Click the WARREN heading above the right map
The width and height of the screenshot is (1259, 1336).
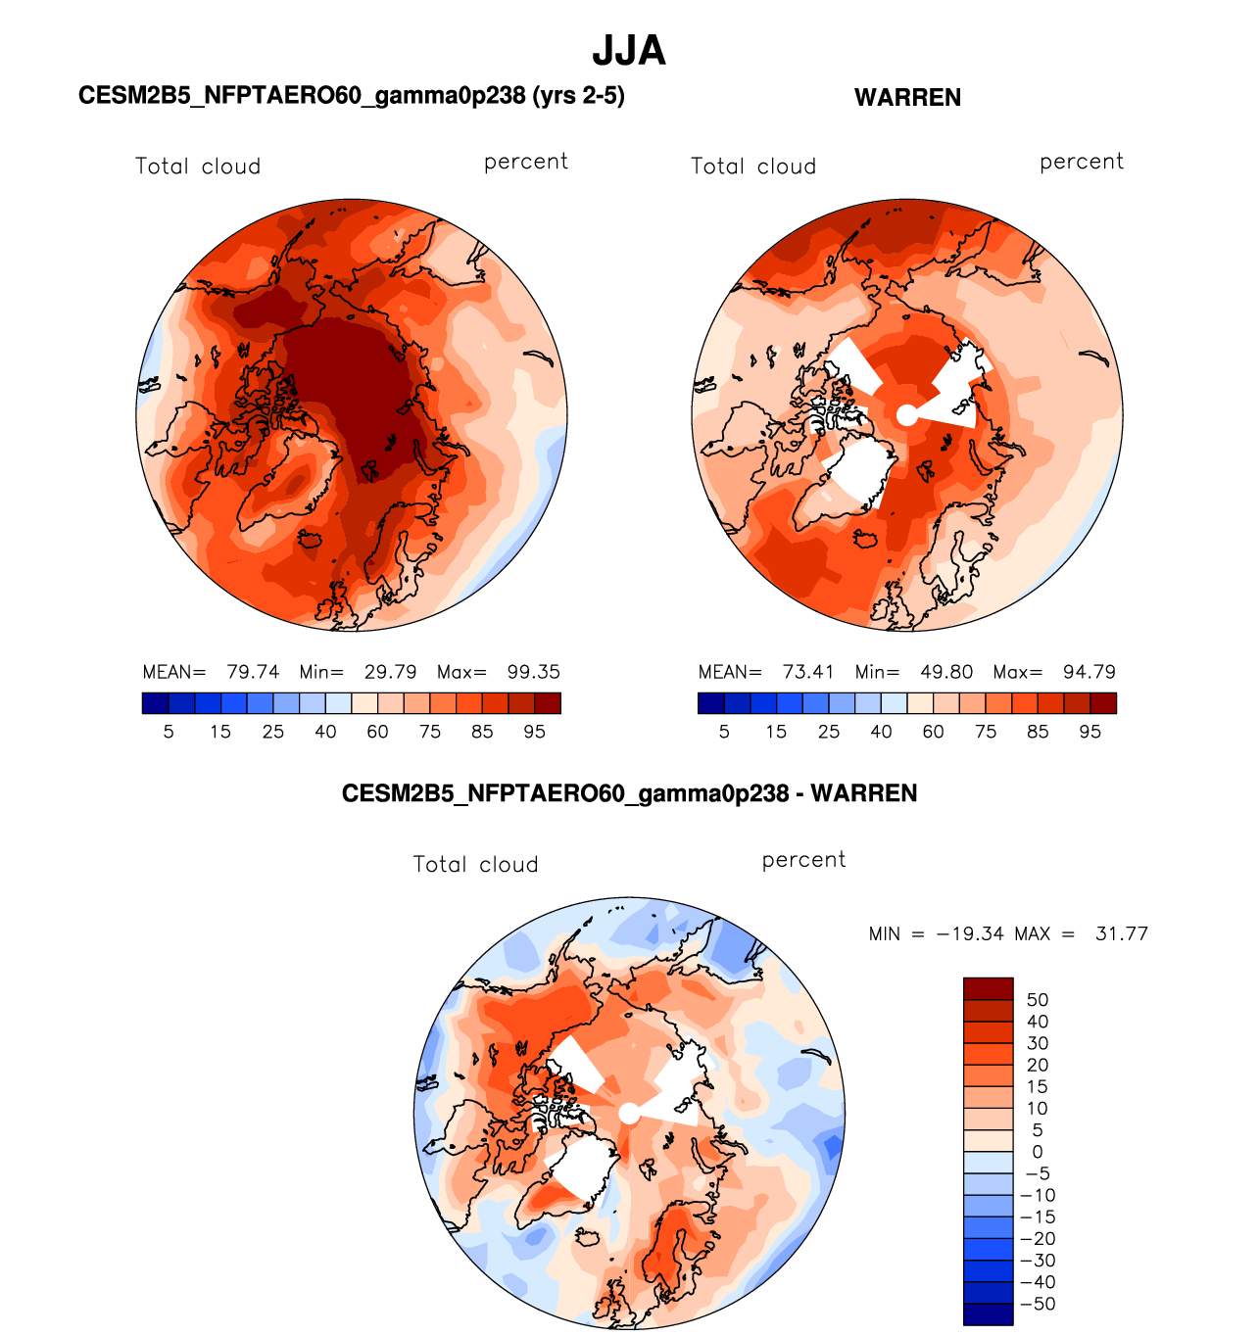(907, 98)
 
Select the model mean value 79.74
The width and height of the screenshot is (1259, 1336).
(253, 672)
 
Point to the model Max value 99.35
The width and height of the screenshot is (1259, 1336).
(534, 672)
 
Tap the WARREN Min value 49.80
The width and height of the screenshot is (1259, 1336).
(946, 672)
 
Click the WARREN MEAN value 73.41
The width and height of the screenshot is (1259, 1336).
(808, 672)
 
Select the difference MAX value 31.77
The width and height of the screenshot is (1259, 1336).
(1122, 933)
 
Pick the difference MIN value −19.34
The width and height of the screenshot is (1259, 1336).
(970, 933)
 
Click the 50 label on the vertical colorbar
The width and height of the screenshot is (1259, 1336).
(1038, 1000)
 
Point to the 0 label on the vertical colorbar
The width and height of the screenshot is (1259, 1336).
(1038, 1152)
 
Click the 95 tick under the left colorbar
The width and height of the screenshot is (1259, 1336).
(534, 732)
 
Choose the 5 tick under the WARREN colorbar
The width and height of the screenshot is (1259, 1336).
(724, 732)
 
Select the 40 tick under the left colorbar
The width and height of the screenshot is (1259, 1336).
(325, 732)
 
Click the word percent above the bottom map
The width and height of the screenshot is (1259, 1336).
(803, 860)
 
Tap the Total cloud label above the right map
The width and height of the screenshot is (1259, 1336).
(753, 167)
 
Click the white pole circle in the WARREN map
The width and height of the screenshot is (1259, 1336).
(907, 415)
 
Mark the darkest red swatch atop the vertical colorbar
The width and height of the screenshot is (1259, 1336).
(988, 987)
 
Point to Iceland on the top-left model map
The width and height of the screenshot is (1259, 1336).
(311, 539)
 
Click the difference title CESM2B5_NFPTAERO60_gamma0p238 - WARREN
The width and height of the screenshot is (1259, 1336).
(629, 793)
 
